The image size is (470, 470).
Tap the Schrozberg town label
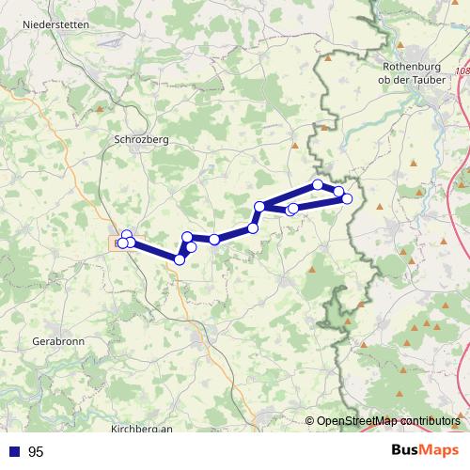point(140,138)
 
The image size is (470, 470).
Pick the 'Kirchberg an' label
point(142,429)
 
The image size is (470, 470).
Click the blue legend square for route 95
point(15,452)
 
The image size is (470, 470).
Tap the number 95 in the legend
point(36,452)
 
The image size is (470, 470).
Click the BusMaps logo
point(424,450)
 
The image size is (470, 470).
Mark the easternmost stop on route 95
point(347,198)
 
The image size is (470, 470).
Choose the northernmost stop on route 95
point(319,184)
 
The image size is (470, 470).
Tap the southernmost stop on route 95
point(180,259)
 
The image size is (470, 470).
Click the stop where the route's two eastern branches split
point(259,207)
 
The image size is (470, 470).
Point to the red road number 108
point(461,70)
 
